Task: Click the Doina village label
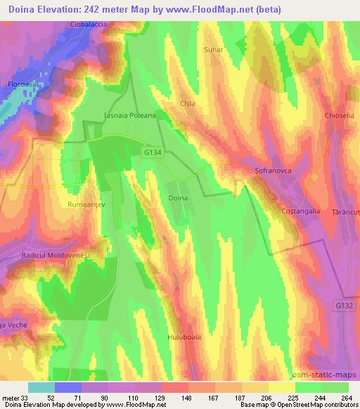point(179,199)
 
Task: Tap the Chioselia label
point(342,115)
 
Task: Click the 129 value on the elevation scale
point(160,397)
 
